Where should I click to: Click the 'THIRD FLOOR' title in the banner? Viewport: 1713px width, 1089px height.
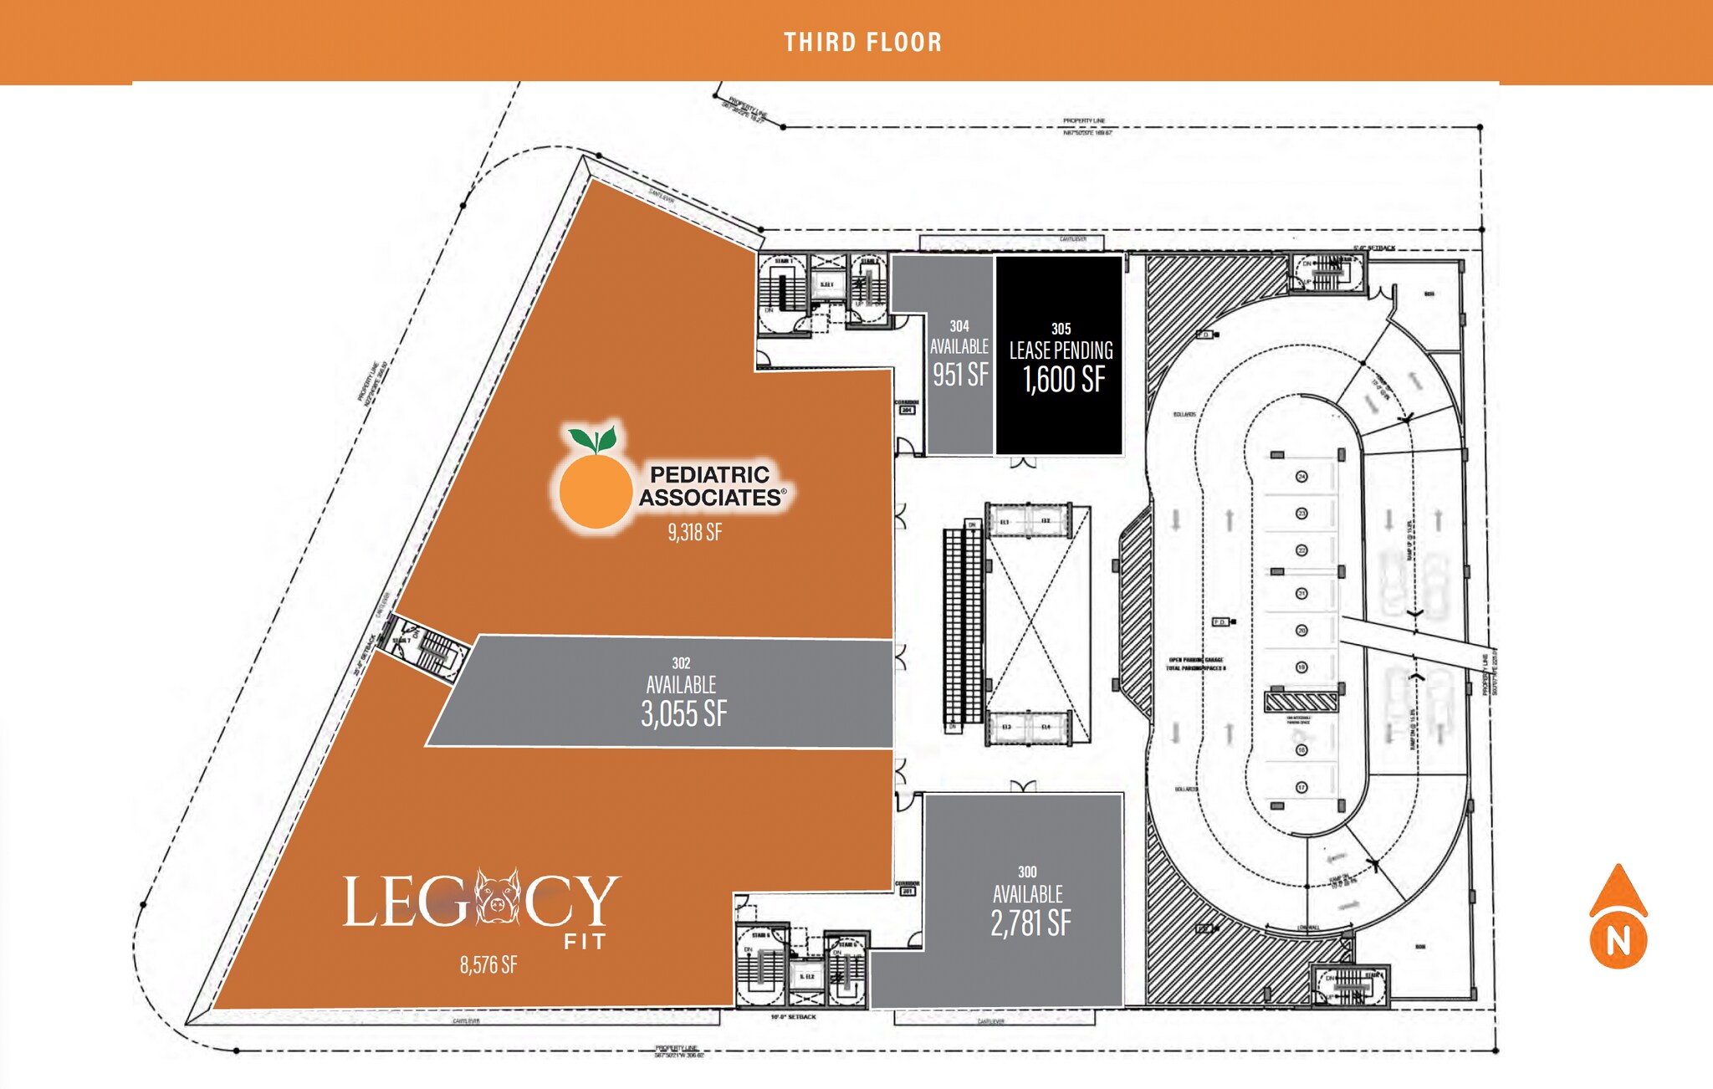click(x=862, y=42)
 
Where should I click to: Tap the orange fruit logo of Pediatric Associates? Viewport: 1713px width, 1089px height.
click(x=596, y=489)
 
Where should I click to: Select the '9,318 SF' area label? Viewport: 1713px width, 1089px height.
click(x=694, y=533)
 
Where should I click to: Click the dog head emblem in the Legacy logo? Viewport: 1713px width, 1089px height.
click(x=499, y=897)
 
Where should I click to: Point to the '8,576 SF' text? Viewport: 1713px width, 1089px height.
click(x=488, y=965)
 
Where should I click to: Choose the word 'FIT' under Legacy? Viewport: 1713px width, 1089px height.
click(x=585, y=943)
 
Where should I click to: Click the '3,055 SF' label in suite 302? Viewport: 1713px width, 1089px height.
click(x=683, y=714)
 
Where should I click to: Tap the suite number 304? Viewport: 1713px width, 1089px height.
click(x=959, y=326)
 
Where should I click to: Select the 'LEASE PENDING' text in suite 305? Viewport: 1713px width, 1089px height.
click(x=1061, y=350)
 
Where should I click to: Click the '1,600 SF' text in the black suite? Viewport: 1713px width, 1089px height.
click(x=1064, y=380)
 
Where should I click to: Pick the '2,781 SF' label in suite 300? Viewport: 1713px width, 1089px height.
click(x=1030, y=923)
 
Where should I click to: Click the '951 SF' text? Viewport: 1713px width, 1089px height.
click(x=960, y=375)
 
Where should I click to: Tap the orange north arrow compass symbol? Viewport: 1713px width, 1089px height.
click(x=1618, y=918)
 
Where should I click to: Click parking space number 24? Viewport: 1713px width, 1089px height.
click(x=1301, y=477)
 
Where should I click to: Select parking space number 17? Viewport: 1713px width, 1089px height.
click(x=1301, y=788)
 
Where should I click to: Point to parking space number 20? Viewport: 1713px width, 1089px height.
click(x=1301, y=631)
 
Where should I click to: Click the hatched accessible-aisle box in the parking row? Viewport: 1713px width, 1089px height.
click(x=1301, y=701)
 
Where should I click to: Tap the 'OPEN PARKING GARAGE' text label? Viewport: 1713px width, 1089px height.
click(x=1196, y=660)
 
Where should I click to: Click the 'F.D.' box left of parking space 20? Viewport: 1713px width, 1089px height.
click(x=1220, y=622)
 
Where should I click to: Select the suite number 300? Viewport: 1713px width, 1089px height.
click(x=1027, y=872)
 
